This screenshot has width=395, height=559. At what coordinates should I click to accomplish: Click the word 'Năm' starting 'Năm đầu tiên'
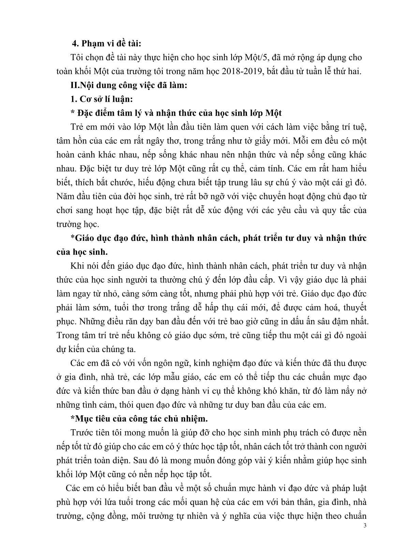coord(64,196)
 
